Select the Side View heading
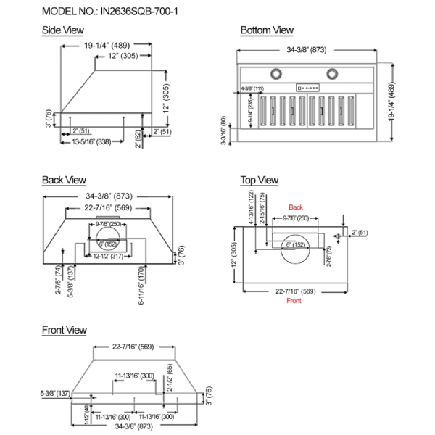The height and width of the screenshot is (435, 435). point(62,30)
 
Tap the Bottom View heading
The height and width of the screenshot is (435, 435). point(267,30)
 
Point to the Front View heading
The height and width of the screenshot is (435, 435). point(65,330)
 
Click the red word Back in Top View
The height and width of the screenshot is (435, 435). point(295,207)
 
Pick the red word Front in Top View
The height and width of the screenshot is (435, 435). point(294,300)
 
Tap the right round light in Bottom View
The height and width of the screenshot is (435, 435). point(333,73)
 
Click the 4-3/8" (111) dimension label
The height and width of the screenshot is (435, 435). point(253,88)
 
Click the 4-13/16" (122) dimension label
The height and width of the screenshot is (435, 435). point(252,206)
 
